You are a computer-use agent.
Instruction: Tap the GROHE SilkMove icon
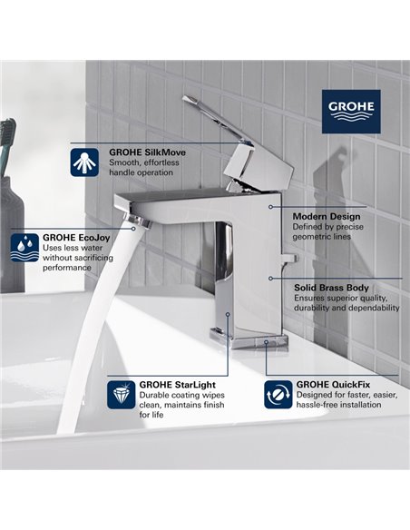pos(84,162)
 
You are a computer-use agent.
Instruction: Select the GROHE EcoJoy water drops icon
pos(22,245)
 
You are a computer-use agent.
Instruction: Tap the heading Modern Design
pos(327,217)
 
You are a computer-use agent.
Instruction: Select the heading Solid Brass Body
pos(331,286)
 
